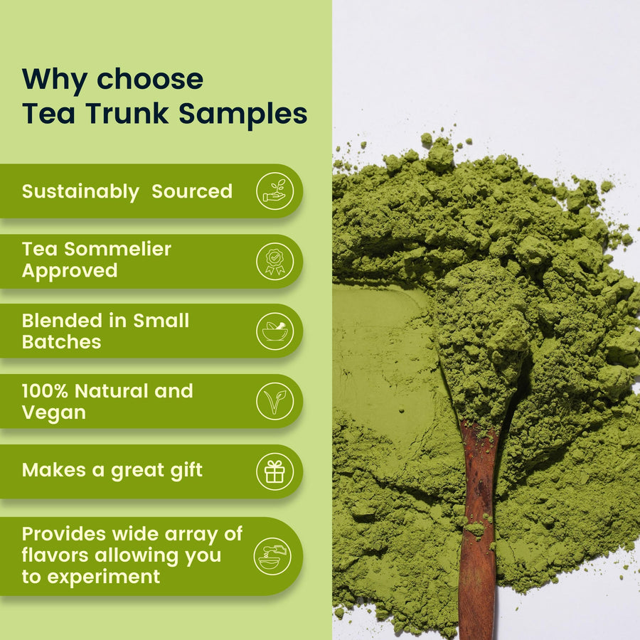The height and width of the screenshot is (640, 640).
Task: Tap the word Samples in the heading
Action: click(243, 113)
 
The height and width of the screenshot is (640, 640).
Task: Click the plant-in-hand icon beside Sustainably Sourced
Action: click(274, 191)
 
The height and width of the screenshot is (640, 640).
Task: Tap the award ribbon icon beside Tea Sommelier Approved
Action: click(274, 261)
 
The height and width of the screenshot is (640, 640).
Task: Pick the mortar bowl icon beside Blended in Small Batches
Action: click(274, 331)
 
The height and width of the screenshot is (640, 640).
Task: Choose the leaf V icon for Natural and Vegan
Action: click(274, 401)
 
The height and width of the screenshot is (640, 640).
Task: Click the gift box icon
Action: click(274, 471)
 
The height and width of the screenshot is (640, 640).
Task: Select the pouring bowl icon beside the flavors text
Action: click(272, 556)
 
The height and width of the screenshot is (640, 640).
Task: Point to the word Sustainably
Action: click(80, 192)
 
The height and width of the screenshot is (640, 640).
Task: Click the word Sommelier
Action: click(117, 249)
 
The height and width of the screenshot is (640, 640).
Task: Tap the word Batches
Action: click(61, 342)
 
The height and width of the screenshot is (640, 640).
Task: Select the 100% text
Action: click(45, 391)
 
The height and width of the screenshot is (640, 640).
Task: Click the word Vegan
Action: click(54, 413)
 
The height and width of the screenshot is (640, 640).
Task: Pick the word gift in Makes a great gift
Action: click(186, 471)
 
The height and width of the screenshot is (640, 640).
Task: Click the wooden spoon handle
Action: click(477, 530)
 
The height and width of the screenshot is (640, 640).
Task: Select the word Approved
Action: click(70, 272)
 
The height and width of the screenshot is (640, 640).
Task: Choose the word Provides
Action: click(64, 534)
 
